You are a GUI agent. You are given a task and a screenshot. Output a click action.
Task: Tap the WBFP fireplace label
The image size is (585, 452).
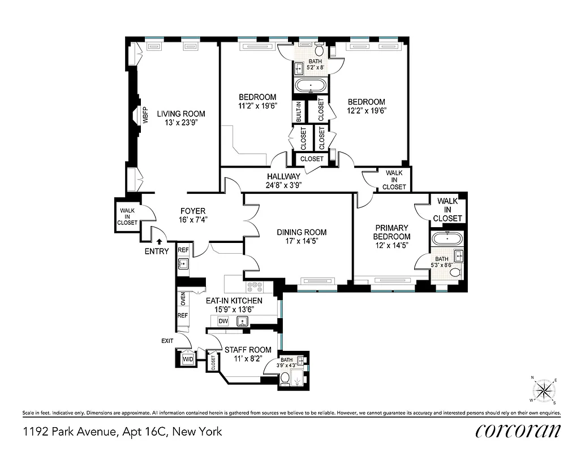click(x=145, y=115)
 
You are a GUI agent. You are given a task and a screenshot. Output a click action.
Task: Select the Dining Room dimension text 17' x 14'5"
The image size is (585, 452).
click(x=302, y=242)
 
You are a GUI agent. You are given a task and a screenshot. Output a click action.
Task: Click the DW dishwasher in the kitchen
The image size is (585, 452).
click(x=223, y=321)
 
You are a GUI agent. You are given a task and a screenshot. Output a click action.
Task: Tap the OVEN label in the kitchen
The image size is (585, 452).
click(x=183, y=298)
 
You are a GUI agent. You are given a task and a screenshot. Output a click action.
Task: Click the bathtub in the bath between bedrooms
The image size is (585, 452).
click(x=311, y=87)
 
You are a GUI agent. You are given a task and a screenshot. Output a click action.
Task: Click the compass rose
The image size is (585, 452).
click(x=544, y=390)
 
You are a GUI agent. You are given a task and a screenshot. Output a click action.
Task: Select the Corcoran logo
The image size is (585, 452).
click(x=518, y=432)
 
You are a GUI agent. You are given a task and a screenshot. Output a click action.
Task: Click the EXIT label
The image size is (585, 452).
click(x=167, y=341)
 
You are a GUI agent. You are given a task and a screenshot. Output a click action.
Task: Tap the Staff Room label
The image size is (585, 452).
click(x=248, y=350)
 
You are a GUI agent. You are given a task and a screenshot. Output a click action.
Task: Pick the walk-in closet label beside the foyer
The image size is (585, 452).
click(x=127, y=217)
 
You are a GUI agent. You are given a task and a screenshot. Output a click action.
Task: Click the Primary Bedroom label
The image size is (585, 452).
click(x=392, y=232)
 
